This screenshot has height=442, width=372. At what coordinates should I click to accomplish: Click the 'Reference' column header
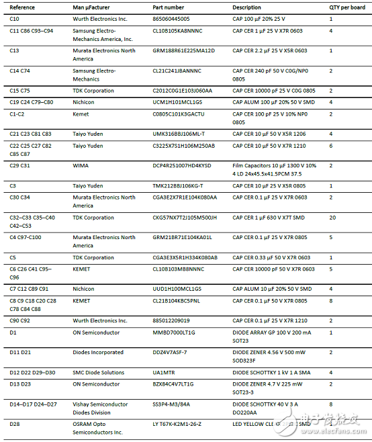[23, 7]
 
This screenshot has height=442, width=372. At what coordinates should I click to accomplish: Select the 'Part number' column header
[169, 7]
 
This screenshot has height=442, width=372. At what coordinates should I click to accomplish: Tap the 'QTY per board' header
[347, 7]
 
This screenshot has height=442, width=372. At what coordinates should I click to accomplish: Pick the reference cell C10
[14, 19]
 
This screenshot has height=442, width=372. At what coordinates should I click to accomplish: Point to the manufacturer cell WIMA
[81, 165]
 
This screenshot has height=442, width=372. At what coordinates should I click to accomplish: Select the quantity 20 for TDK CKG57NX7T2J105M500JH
[332, 218]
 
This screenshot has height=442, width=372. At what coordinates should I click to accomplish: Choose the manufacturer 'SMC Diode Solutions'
[98, 372]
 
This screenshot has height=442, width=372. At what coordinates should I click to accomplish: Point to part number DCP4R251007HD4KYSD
[182, 165]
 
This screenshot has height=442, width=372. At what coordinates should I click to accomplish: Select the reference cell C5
[13, 257]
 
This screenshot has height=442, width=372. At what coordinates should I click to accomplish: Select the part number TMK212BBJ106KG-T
[178, 185]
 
